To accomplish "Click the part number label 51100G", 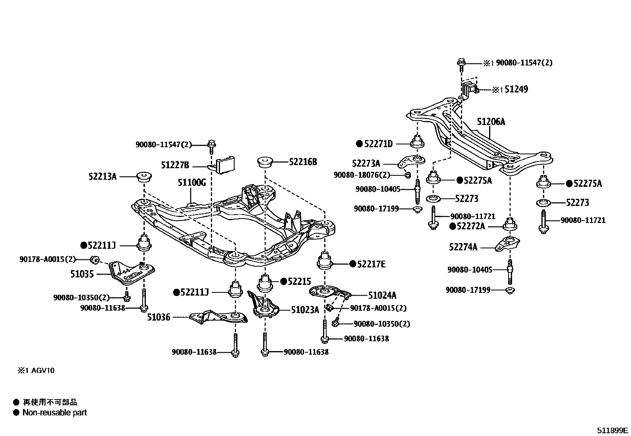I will tap(192, 182).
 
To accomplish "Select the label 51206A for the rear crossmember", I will tap(491, 122).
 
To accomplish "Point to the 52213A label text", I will tap(102, 177).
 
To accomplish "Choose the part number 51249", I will tap(516, 90).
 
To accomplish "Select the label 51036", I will tap(159, 317).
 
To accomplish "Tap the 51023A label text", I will tap(305, 309).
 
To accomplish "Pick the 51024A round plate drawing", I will tap(328, 292).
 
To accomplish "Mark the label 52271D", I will tap(378, 144).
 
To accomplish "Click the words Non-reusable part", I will tap(54, 413).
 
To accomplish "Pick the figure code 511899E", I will tap(612, 430).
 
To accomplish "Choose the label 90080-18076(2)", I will tap(362, 175).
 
